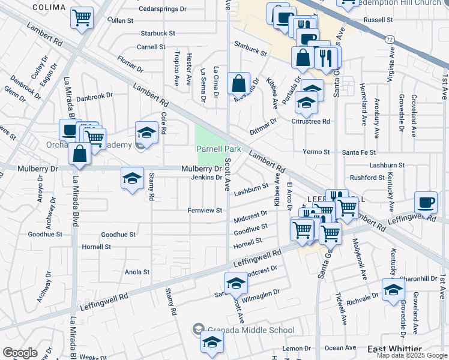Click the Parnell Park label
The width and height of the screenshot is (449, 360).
(x=215, y=149)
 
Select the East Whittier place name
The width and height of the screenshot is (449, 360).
(x=395, y=349)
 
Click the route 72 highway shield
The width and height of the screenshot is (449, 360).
(x=390, y=38)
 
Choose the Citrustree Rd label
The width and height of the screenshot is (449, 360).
(x=310, y=121)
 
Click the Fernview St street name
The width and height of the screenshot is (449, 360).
(x=205, y=211)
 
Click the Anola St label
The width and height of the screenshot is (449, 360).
(x=137, y=272)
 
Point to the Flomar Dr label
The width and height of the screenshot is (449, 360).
(x=130, y=62)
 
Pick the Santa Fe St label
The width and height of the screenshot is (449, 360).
(x=359, y=152)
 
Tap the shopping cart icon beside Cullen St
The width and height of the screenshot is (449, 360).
(x=82, y=17)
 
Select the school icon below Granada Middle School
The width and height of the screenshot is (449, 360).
(x=212, y=342)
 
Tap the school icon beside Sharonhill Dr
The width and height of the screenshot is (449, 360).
(x=393, y=290)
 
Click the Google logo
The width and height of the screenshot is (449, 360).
(x=20, y=353)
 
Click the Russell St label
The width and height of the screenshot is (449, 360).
(x=378, y=20)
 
